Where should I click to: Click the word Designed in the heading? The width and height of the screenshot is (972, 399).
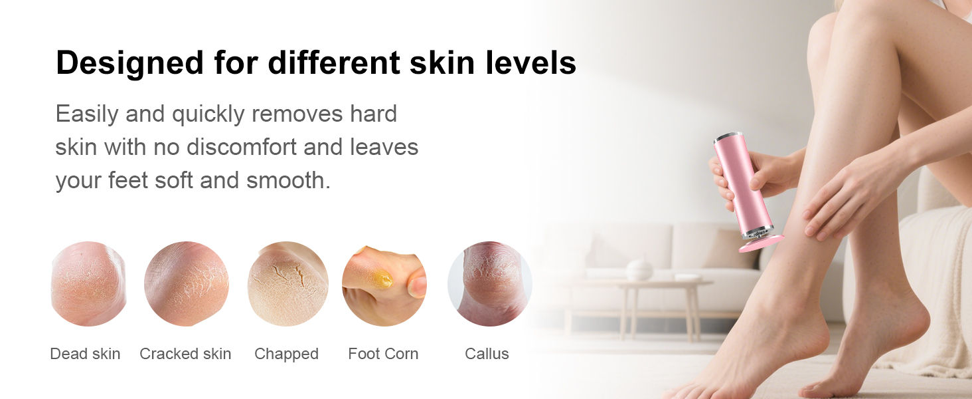(x=129, y=63)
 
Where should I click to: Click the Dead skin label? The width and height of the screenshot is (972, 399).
(x=85, y=354)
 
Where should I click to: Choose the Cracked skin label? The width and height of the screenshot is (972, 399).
(x=185, y=354)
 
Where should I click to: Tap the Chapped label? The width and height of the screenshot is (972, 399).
(x=286, y=354)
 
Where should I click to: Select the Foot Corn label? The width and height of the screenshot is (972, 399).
(x=383, y=354)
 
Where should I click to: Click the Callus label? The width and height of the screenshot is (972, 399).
(x=487, y=354)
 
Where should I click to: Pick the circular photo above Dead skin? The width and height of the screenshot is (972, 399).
(x=88, y=284)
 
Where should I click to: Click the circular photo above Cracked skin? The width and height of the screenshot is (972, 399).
(x=187, y=284)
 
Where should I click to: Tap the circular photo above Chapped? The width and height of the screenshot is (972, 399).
(x=287, y=284)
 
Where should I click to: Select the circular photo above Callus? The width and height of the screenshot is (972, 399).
(x=489, y=284)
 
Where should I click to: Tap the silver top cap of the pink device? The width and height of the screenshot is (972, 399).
(x=727, y=137)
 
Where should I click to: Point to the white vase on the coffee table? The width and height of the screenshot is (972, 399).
(x=639, y=269)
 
